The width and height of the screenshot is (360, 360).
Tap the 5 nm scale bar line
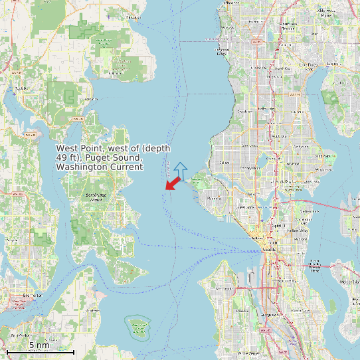point(40,351)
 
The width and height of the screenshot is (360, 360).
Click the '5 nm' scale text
point(39,345)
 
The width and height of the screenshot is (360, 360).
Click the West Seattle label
point(224,290)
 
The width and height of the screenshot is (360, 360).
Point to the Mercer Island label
point(347,281)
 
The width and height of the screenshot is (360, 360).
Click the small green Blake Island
point(138,325)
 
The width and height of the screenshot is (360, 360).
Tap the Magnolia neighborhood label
point(214,197)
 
